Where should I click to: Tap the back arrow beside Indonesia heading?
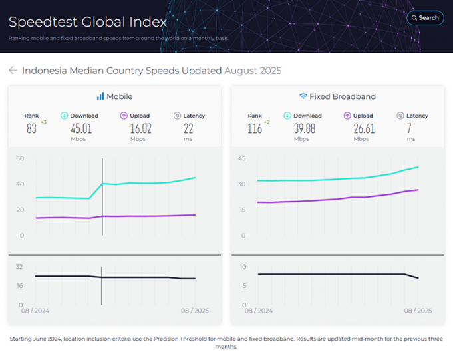click(13, 71)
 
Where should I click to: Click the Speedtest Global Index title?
click(88, 22)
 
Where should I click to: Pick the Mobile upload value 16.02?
click(138, 128)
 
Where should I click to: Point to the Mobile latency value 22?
click(189, 128)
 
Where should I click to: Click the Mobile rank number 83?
click(31, 129)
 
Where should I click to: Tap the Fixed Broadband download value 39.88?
click(307, 128)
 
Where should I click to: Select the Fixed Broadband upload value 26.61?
click(361, 128)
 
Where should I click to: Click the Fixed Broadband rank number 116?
click(255, 129)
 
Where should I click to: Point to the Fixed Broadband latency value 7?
click(411, 128)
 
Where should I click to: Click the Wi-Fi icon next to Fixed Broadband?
click(303, 96)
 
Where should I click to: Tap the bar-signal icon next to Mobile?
click(100, 96)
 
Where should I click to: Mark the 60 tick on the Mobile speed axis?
click(20, 158)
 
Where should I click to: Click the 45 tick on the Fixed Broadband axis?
click(242, 158)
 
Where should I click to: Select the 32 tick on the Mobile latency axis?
click(20, 267)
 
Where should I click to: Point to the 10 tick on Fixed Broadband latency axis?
click(243, 267)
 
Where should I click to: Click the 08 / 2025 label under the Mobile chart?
click(195, 311)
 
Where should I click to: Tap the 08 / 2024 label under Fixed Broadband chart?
click(258, 311)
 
